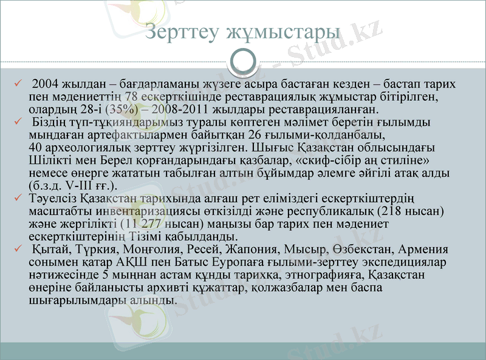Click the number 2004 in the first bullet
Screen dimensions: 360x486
click(46, 84)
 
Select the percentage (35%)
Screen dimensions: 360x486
click(122, 110)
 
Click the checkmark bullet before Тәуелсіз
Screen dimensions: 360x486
click(18, 198)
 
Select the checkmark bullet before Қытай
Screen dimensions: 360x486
click(18, 249)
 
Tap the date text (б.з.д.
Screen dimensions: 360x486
click(45, 186)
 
